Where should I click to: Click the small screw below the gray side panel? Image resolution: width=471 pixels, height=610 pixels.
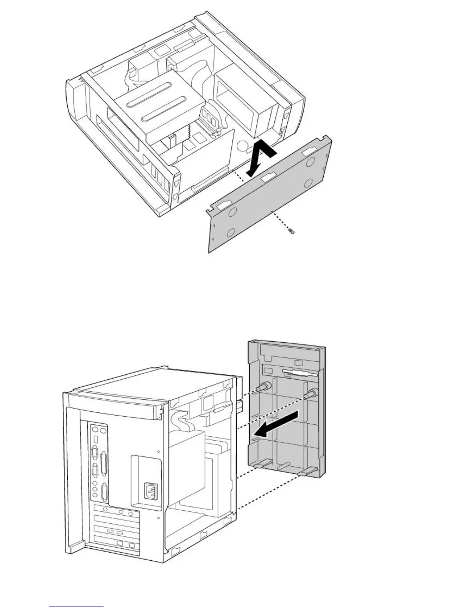pos(291,231)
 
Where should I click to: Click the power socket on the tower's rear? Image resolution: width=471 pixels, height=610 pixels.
pos(150,490)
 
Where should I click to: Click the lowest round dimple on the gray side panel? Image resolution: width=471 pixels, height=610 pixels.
pos(230,233)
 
